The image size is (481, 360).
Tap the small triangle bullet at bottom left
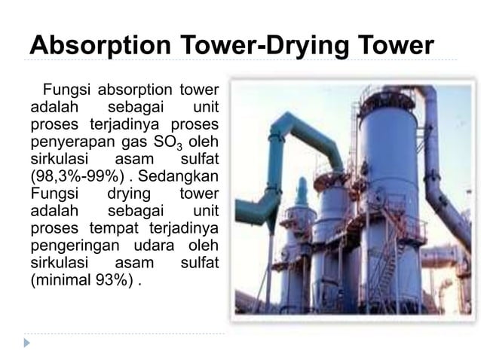coord(28,343)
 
